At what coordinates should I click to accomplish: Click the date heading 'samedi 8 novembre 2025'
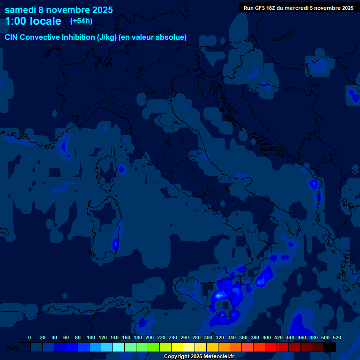[59, 9]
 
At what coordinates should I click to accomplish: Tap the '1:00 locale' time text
[33, 21]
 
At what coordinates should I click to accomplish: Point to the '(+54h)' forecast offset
[81, 21]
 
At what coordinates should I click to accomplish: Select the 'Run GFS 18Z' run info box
[299, 7]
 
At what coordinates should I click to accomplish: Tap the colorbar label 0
[30, 337]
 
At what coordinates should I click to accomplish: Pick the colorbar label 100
[91, 337]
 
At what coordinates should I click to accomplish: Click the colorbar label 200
[150, 337]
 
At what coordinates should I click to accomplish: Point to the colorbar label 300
[208, 337]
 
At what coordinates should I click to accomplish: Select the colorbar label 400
[267, 337]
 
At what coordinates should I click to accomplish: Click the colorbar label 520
[337, 337]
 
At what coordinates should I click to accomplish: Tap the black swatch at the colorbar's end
[330, 347]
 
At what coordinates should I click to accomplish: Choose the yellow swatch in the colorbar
[177, 347]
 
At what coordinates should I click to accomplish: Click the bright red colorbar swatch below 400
[271, 347]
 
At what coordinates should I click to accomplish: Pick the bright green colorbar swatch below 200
[154, 347]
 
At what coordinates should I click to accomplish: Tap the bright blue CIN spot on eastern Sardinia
[115, 243]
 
